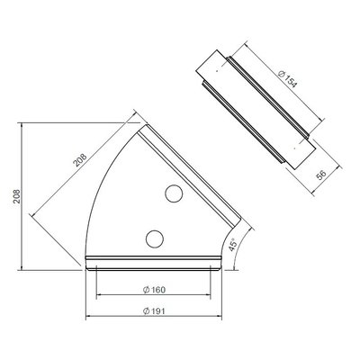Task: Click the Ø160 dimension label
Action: click(154, 290)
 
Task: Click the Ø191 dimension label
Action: click(154, 311)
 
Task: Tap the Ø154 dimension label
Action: click(287, 78)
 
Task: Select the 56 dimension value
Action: click(321, 175)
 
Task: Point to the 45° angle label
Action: click(233, 245)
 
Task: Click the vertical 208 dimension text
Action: click(16, 196)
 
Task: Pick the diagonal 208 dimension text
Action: click(80, 160)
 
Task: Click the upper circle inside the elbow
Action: click(174, 193)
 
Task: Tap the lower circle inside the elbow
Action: click(155, 239)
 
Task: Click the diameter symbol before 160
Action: click(146, 290)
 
